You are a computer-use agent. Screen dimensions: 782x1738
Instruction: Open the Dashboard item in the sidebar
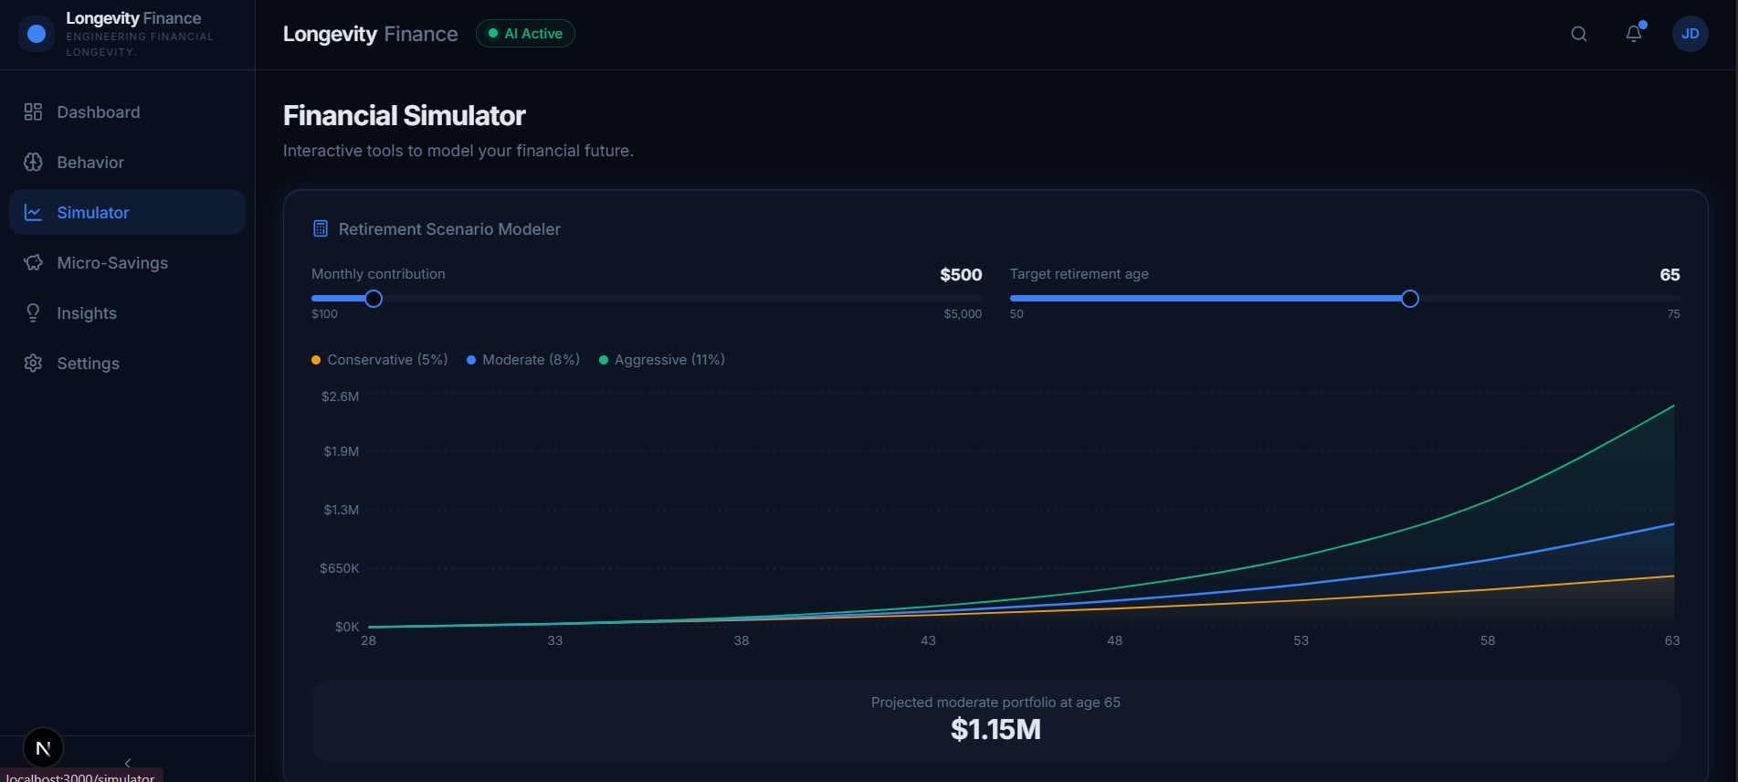(98, 112)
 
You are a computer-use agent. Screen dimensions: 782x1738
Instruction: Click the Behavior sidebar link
(90, 163)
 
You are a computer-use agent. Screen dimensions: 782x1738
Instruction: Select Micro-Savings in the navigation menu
(111, 263)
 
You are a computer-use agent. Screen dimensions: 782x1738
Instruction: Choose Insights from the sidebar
(86, 313)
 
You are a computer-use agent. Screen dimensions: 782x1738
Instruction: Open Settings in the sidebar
(88, 364)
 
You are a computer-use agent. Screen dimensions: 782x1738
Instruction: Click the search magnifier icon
(1578, 34)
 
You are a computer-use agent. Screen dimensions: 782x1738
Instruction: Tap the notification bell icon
(1634, 34)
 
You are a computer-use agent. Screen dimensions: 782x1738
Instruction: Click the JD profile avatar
(1690, 34)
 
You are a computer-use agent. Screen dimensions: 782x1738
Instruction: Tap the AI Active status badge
(525, 34)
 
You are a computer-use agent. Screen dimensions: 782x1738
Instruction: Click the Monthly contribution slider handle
(374, 299)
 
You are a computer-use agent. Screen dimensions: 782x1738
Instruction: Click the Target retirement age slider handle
(1410, 299)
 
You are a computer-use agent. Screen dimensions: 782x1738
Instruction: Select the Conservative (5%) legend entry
(380, 360)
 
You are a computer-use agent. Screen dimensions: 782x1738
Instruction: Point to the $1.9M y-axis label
(341, 451)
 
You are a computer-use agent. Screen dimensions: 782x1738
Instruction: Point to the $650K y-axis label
(339, 568)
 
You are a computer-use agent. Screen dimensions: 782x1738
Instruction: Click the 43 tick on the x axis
(928, 640)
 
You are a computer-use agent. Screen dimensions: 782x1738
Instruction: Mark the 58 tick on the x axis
(1488, 640)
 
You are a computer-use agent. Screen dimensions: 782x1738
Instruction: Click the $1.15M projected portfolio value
(995, 730)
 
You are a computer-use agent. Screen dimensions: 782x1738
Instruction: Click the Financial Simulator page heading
(404, 116)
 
